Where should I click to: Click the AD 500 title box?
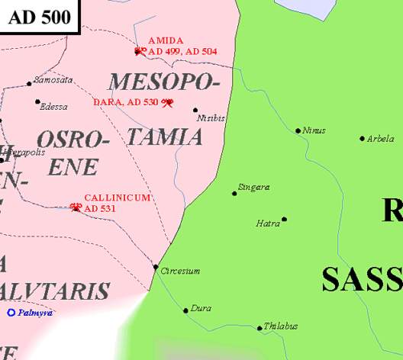point(39,18)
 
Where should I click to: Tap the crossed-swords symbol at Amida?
point(140,51)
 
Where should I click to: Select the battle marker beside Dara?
point(168,102)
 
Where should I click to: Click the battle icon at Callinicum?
point(76,207)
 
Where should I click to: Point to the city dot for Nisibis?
point(195,110)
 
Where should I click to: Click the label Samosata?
point(54,79)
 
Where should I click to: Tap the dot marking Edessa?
point(37,101)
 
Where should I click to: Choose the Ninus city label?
point(314,130)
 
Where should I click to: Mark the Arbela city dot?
point(362,139)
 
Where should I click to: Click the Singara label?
point(254,187)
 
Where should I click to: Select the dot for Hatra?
point(284,219)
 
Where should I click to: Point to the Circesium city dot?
point(156,267)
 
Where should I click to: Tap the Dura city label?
point(201,307)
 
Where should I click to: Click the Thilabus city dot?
point(260,329)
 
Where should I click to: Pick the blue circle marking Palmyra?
point(11,313)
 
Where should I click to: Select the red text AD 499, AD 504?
point(182,51)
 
